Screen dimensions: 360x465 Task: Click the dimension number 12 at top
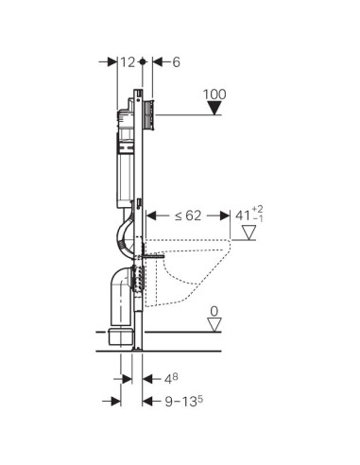point(128,62)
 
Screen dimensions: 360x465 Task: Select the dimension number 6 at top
point(177,62)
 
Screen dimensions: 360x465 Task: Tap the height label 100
point(214,95)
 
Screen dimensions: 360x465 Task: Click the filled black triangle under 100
point(214,109)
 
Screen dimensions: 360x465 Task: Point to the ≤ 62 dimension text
point(188,215)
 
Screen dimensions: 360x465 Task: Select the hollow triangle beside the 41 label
point(249,232)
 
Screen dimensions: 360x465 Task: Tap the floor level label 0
point(214,311)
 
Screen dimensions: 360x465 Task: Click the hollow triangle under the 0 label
point(214,324)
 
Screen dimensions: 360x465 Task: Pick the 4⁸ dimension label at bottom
point(171,379)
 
